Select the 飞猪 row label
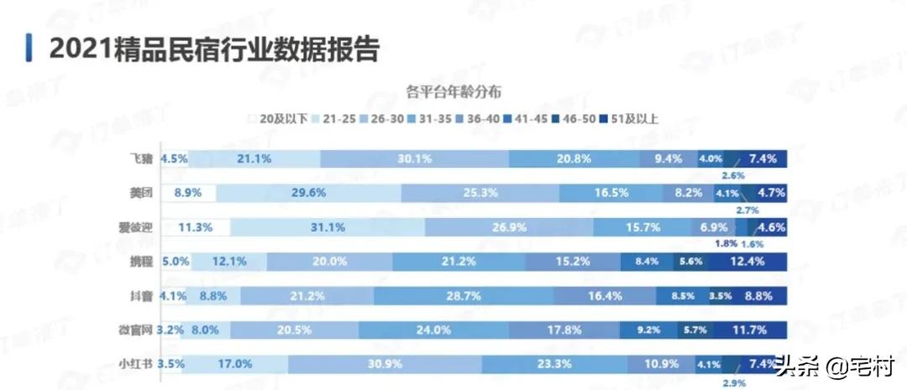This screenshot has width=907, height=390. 140,159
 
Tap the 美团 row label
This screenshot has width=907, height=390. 140,193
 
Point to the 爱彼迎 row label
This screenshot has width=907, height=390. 135,227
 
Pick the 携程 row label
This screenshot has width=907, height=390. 140,262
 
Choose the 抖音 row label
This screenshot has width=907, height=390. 140,295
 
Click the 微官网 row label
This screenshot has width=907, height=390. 135,330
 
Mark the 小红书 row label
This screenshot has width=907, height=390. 135,364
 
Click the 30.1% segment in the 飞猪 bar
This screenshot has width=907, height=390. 415,159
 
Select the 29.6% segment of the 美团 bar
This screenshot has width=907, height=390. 308,193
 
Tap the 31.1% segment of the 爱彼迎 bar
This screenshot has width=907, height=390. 328,227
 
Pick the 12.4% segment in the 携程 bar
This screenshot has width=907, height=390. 747,262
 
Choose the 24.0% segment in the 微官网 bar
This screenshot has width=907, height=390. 433,330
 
